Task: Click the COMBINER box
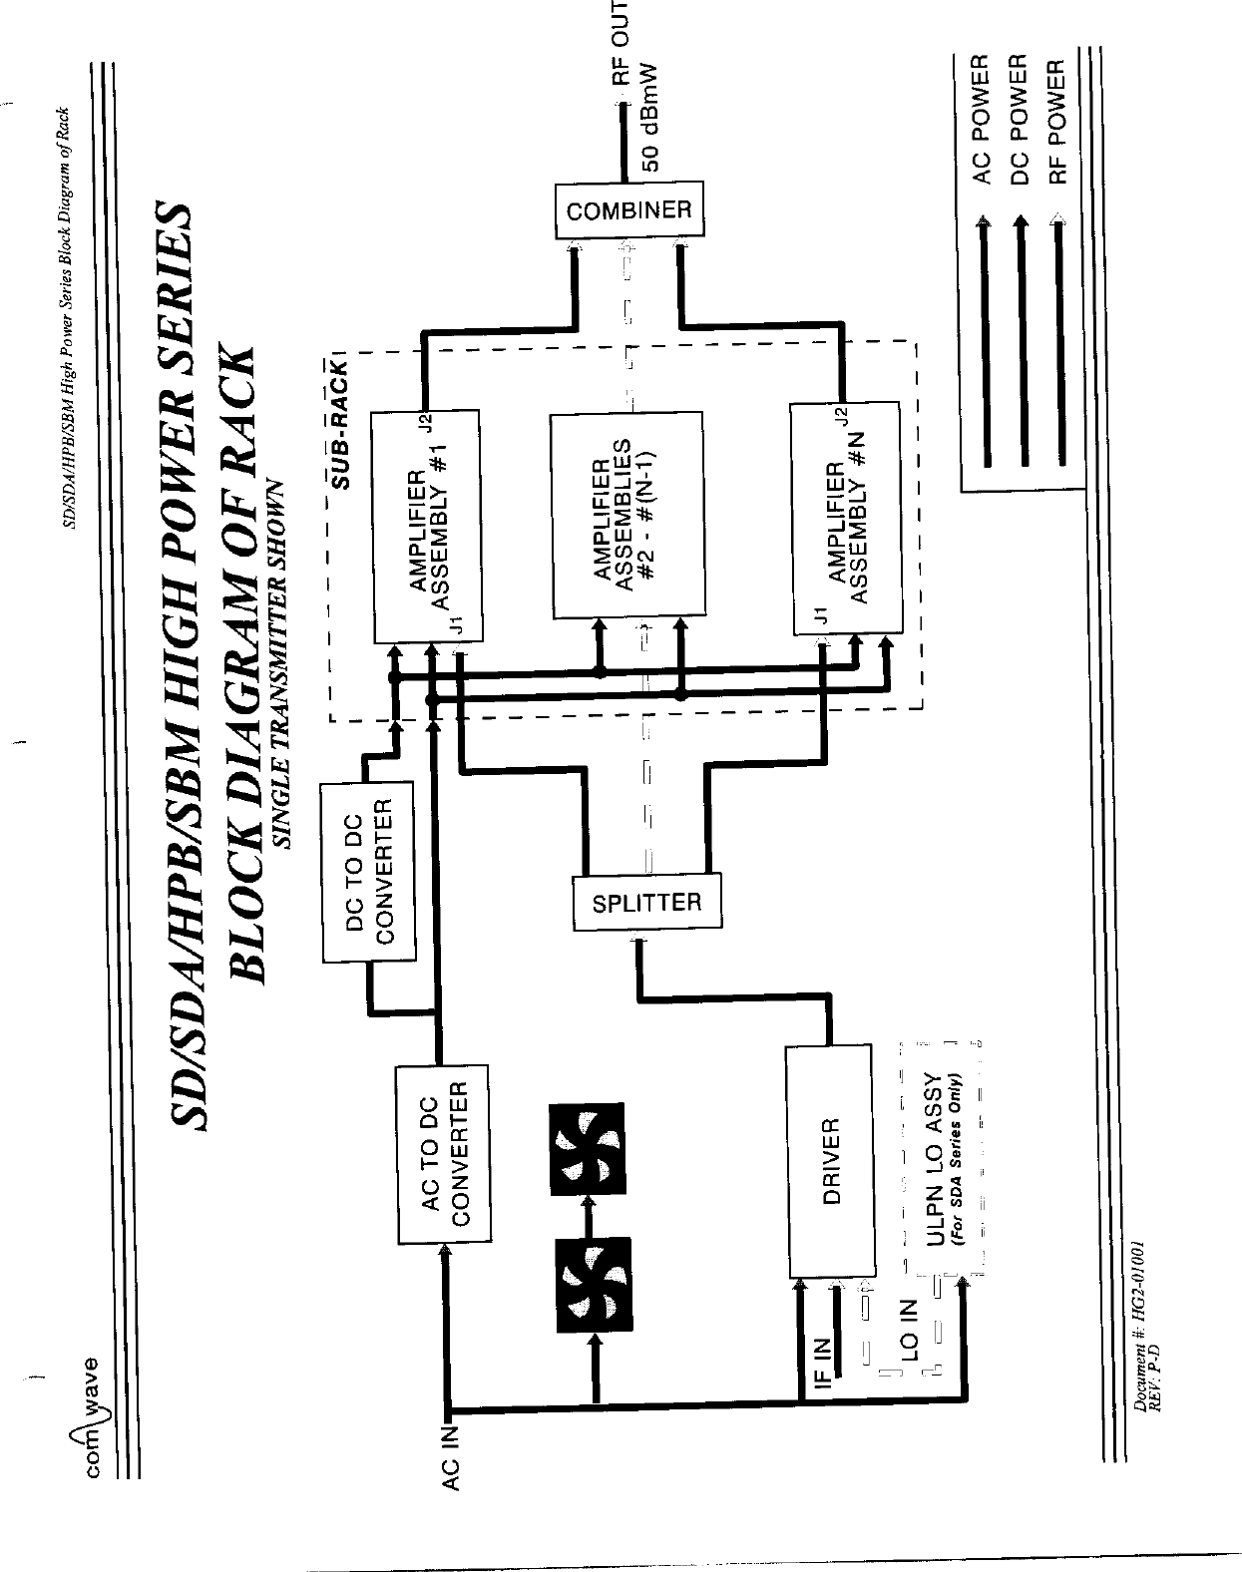pos(628,209)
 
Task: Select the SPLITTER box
pos(646,903)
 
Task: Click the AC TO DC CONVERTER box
pos(443,1154)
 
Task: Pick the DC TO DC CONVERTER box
pos(368,872)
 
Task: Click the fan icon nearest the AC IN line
pos(595,1286)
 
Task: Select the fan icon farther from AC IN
pos(588,1148)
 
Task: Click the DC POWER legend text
pos(1019,121)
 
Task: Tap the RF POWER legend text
pos(1056,121)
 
